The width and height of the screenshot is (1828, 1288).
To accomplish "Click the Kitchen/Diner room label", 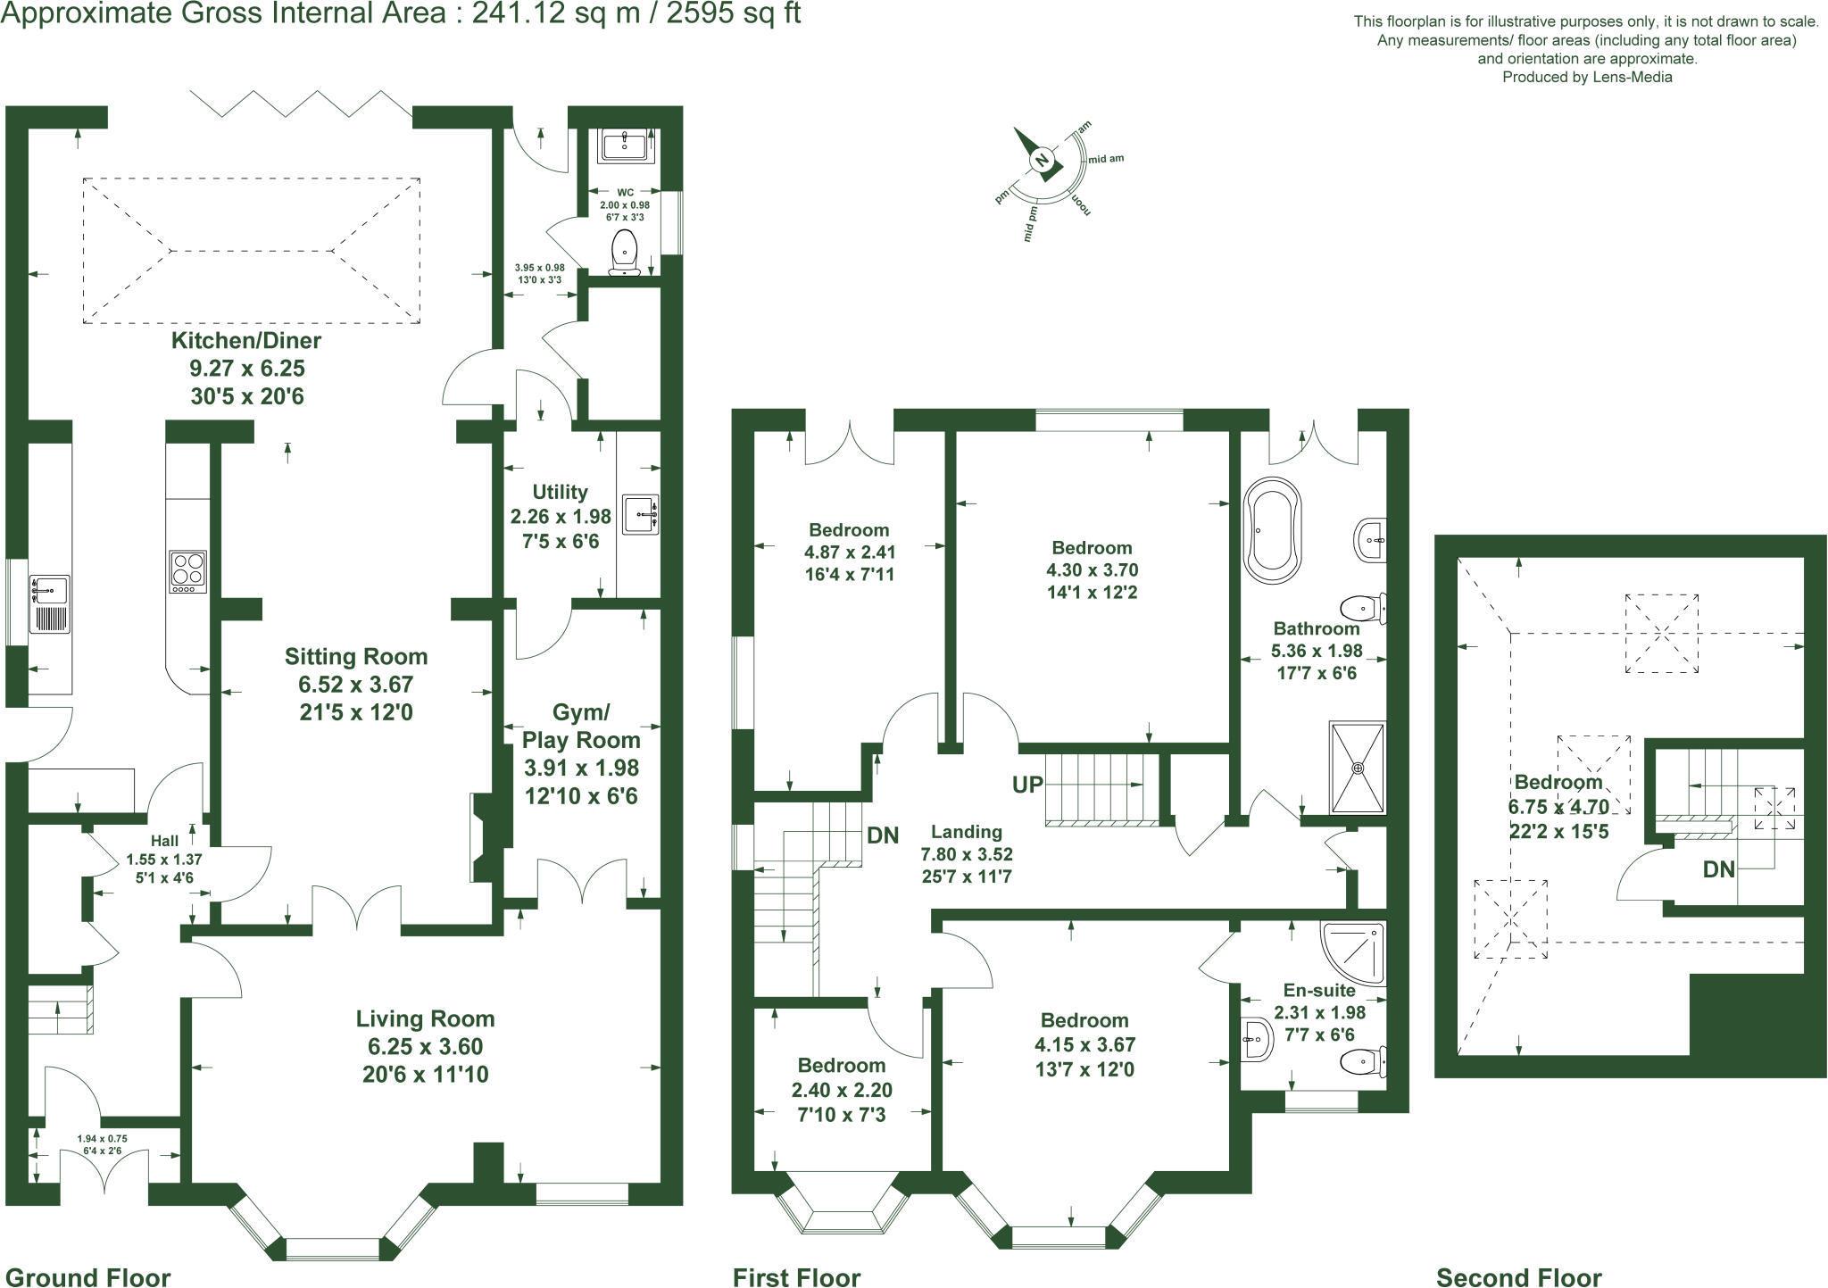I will tap(246, 340).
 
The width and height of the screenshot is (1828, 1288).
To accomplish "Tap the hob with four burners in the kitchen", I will tap(188, 571).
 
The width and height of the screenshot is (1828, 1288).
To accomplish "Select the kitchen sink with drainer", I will tap(49, 604).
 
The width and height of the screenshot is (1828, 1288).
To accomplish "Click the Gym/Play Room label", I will tap(581, 726).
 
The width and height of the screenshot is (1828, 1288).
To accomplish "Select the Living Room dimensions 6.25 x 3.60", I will tap(425, 1046).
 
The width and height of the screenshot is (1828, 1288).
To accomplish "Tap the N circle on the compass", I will tap(1042, 161).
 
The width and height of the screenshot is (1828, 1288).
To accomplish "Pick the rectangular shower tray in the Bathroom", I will tap(1358, 768).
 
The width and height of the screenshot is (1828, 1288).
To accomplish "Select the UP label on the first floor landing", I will tap(1027, 785).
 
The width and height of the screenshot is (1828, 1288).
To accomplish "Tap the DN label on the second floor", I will tap(1718, 868).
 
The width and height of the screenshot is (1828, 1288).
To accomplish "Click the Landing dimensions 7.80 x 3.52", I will tap(967, 854).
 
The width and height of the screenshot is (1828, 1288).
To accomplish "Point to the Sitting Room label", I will tap(356, 657).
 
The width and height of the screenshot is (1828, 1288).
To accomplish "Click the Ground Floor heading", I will tap(87, 1277).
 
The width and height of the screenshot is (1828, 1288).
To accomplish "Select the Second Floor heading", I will tap(1519, 1277).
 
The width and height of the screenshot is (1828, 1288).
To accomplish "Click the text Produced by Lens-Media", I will tap(1587, 78).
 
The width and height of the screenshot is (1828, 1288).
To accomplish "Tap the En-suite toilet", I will tap(1362, 1061).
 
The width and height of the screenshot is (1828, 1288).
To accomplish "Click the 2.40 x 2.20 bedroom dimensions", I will tap(842, 1090).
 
